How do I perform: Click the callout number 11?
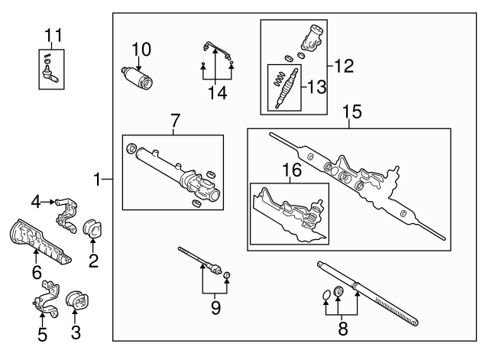pos(52,34)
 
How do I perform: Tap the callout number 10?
pos(142,50)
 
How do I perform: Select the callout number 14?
pos(217,95)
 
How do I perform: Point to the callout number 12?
pos(345,66)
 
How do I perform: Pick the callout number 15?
pos(351,112)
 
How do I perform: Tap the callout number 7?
pos(174,120)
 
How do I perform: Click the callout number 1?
pos(98,180)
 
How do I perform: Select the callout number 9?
pos(215,307)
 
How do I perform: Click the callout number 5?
pos(42,335)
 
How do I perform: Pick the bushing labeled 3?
pos(77,302)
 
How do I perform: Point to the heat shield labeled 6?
pos(38,241)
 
